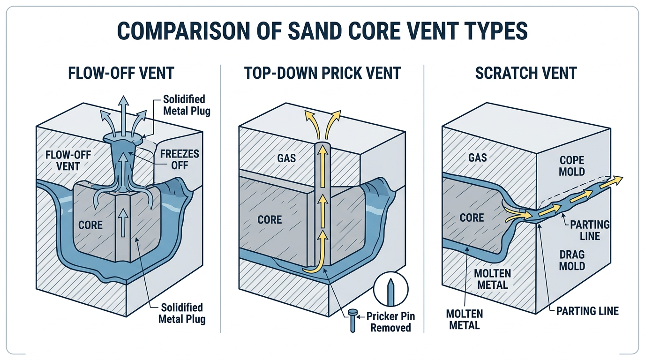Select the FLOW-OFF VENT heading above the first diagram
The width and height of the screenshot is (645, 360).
[121, 73]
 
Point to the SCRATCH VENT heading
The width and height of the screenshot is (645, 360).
[526, 73]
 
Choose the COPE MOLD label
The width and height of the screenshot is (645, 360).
[572, 165]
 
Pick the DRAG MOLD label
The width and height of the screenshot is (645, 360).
[572, 260]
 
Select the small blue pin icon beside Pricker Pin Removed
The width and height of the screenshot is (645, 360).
[352, 322]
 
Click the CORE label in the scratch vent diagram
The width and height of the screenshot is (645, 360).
[472, 217]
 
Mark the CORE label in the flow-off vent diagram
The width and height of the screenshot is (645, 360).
[90, 225]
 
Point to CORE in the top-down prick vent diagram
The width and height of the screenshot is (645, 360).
[270, 219]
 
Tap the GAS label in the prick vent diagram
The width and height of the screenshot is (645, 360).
[286, 158]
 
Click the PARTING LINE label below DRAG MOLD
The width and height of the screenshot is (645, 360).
[587, 310]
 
